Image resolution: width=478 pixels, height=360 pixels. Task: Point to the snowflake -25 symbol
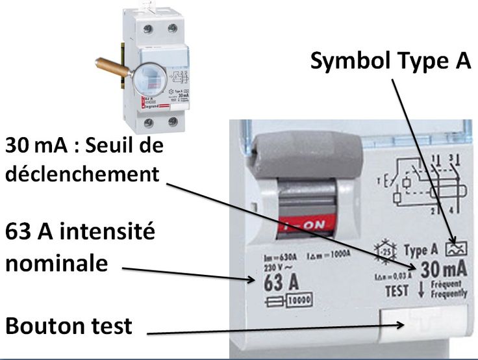point(386,250)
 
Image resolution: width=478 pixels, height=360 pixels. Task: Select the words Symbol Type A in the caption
point(390,61)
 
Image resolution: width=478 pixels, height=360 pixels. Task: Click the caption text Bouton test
point(69,325)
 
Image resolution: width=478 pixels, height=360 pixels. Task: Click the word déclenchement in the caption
point(82,174)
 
